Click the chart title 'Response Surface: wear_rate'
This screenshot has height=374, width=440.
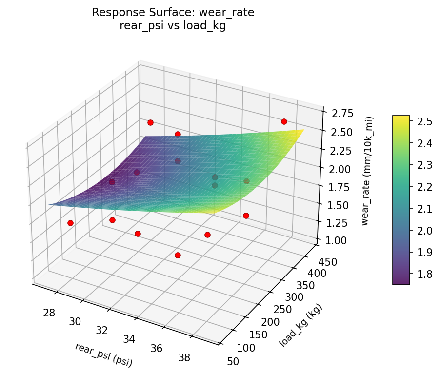pyautogui.click(x=173, y=13)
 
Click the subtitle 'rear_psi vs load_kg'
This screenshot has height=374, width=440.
pyautogui.click(x=173, y=26)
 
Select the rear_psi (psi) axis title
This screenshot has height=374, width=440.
pyautogui.click(x=103, y=354)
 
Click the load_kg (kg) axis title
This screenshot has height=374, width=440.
pyautogui.click(x=301, y=325)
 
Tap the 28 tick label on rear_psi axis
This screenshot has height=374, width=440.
pyautogui.click(x=49, y=313)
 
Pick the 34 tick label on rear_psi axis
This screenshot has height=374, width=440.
pyautogui.click(x=129, y=339)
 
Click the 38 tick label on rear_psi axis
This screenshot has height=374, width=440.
pyautogui.click(x=184, y=358)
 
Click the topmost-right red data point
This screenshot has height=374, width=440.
pyautogui.click(x=284, y=121)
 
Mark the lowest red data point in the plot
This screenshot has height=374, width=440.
pyautogui.click(x=178, y=255)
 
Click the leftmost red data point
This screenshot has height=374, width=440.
pyautogui.click(x=70, y=223)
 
